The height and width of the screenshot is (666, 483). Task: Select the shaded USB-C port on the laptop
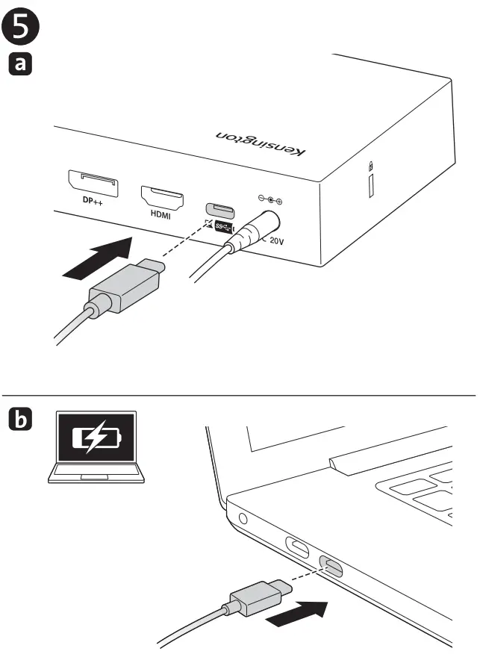[331, 568]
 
